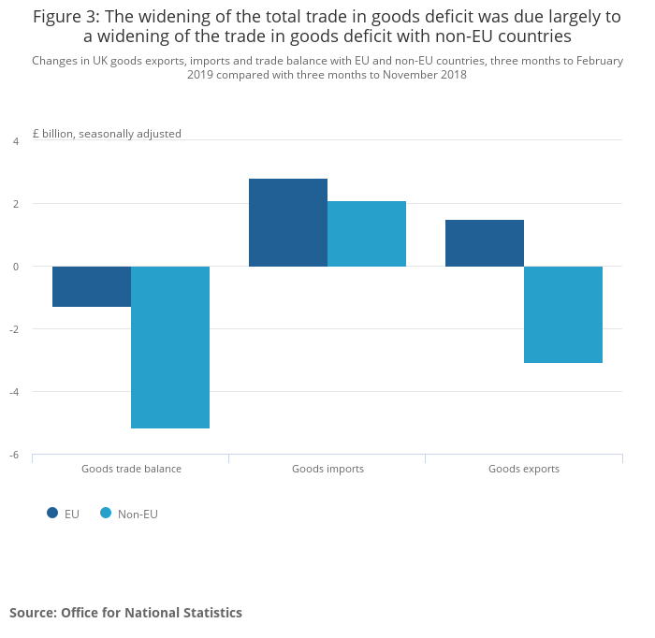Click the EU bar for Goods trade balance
[x=92, y=286]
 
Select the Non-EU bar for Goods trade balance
[x=170, y=347]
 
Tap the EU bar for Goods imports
[x=288, y=223]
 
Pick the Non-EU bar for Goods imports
[x=367, y=234]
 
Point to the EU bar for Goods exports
[x=485, y=243]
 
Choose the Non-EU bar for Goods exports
[x=563, y=314]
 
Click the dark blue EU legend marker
[x=52, y=513]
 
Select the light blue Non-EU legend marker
[x=106, y=513]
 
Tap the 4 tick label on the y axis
[x=15, y=141]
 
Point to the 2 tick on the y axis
[x=15, y=204]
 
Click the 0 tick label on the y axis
[x=15, y=267]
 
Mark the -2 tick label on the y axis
[x=14, y=329]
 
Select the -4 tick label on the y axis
[x=14, y=392]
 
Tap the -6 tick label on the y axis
[x=14, y=455]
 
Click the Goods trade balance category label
[x=131, y=469]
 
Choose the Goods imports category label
[x=327, y=469]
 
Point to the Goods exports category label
[x=524, y=469]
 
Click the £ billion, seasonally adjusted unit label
[x=107, y=134]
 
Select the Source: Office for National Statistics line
[x=125, y=613]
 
